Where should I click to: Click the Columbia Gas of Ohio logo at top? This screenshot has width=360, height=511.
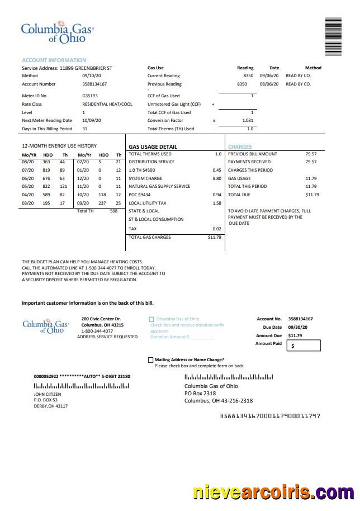tap(57, 33)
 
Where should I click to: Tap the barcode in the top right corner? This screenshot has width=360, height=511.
tap(333, 37)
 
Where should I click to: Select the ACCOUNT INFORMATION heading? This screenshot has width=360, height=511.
tap(54, 60)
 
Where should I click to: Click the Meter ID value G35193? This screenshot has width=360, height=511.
tap(90, 96)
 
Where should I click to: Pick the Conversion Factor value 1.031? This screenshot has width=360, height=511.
tap(248, 120)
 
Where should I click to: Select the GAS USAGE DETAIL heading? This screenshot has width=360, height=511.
tap(153, 146)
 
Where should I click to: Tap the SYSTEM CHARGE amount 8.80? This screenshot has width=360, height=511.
tap(217, 178)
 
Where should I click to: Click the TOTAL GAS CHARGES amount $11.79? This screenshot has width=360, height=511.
tap(215, 237)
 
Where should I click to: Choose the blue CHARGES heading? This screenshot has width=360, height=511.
tap(240, 146)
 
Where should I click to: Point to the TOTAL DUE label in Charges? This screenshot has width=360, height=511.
tap(240, 195)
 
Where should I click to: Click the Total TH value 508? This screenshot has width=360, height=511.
tap(114, 211)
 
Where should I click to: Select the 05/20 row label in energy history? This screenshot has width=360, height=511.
tap(29, 186)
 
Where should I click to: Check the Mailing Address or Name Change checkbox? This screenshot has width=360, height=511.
tap(150, 360)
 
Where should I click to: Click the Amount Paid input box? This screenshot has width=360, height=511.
tap(304, 346)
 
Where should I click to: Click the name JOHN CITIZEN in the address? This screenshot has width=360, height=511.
tap(48, 394)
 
